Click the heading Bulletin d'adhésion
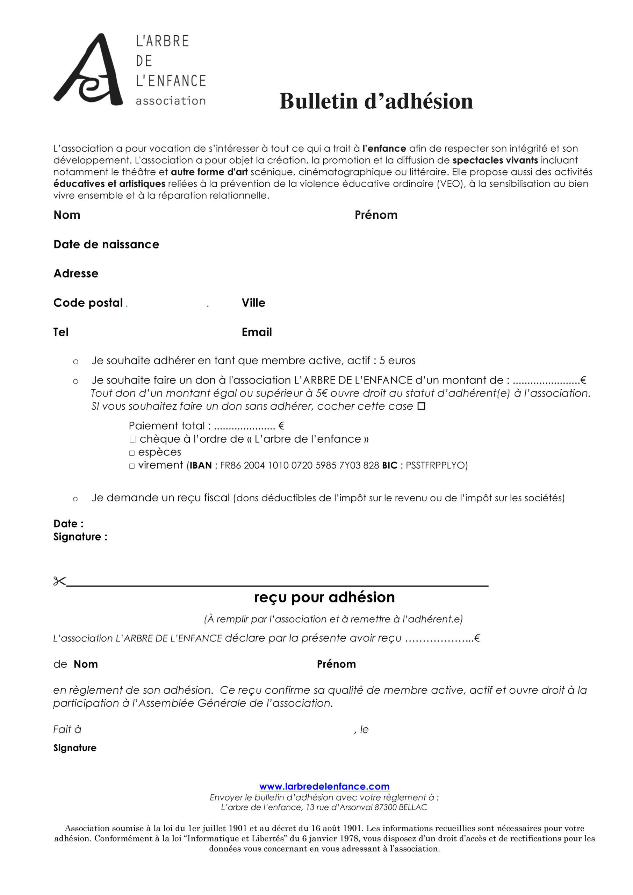tap(376, 101)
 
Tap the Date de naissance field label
tap(106, 244)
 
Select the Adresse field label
tap(75, 274)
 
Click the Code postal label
tap(88, 303)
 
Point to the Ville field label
tap(253, 303)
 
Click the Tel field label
tap(61, 332)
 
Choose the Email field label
tap(257, 332)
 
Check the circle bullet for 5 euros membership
tap(75, 362)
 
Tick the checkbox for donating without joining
tap(421, 406)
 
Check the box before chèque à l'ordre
tap(132, 439)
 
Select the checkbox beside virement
tap(132, 466)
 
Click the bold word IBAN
tap(200, 465)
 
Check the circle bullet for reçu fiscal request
tap(75, 499)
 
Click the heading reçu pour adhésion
tap(324, 597)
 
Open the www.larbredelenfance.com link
tap(324, 786)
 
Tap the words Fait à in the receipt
tap(67, 729)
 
